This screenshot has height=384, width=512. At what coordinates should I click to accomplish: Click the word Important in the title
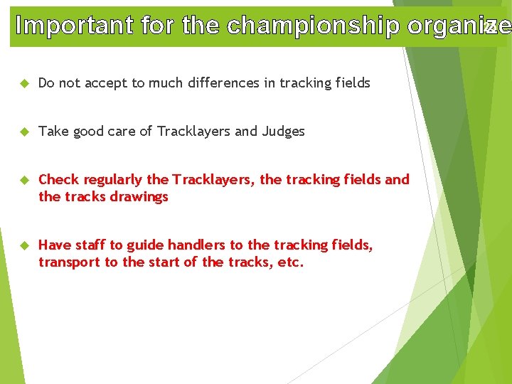[75, 26]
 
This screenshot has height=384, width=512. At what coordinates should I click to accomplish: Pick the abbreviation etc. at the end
[290, 262]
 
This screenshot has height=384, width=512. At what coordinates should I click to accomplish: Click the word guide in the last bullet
[145, 245]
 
